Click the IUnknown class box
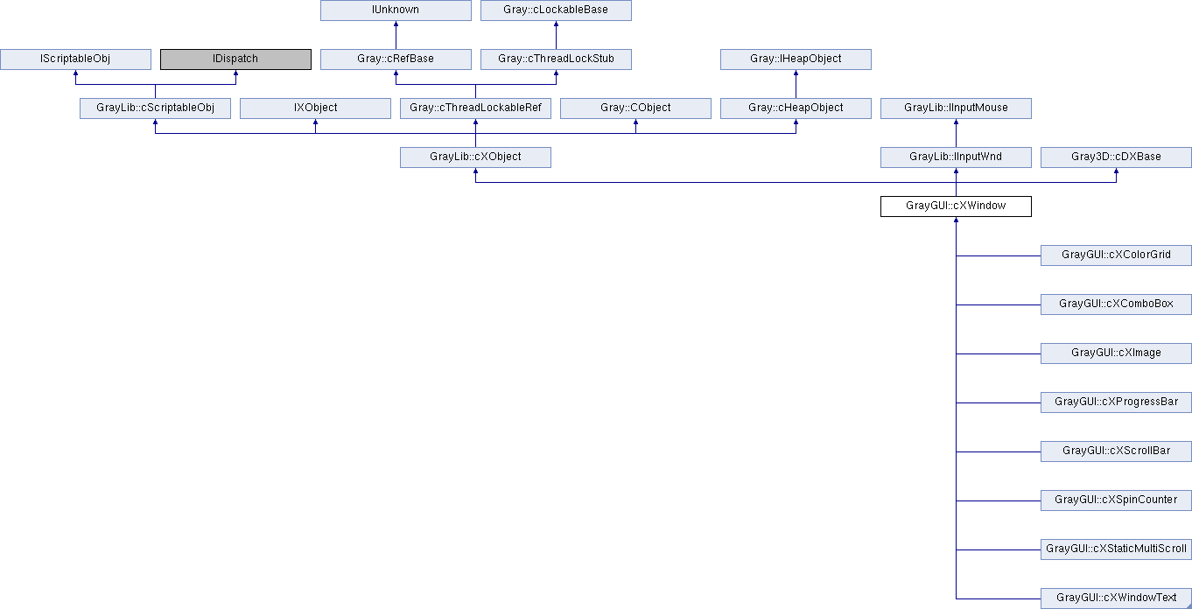[x=396, y=10]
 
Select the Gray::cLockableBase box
[x=556, y=10]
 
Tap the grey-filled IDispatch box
[x=235, y=59]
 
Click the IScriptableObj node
[x=75, y=59]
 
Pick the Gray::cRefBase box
[x=396, y=59]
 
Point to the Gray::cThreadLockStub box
[x=556, y=59]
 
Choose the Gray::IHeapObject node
[x=796, y=59]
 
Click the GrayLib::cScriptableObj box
[x=156, y=108]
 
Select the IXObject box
[x=316, y=108]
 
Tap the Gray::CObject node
[x=635, y=108]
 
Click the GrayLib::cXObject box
[x=475, y=157]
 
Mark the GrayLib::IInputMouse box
[x=956, y=108]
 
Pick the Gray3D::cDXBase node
[x=1116, y=157]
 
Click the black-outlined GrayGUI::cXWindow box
[x=956, y=206]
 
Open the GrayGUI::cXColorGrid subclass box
[x=1116, y=255]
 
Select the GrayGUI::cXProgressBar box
[x=1116, y=402]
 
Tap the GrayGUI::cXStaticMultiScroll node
[x=1116, y=549]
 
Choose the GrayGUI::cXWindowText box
[x=1116, y=598]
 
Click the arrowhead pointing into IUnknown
[x=396, y=24]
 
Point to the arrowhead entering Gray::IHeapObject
[x=796, y=73]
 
